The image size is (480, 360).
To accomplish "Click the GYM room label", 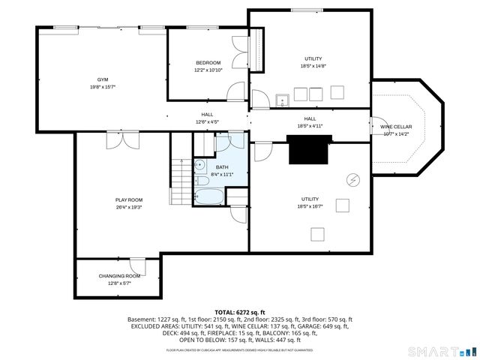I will tap(102, 79).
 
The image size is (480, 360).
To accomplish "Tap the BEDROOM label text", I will tap(208, 62).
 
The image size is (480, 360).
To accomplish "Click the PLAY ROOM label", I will tap(129, 199).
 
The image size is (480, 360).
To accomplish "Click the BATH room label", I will tap(223, 167).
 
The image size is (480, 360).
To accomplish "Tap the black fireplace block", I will tap(308, 150).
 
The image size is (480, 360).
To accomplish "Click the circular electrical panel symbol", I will tap(353, 179).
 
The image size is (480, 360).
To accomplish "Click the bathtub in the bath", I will tap(209, 197).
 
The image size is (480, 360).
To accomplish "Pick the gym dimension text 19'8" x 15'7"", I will tap(102, 87).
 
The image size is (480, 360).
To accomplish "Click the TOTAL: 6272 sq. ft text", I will tap(240, 312).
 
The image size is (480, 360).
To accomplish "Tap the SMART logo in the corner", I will tap(442, 351).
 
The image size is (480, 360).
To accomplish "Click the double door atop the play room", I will tap(123, 141).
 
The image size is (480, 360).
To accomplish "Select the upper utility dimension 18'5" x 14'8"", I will tap(313, 66).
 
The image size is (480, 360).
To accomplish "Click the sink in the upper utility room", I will tap(283, 99).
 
